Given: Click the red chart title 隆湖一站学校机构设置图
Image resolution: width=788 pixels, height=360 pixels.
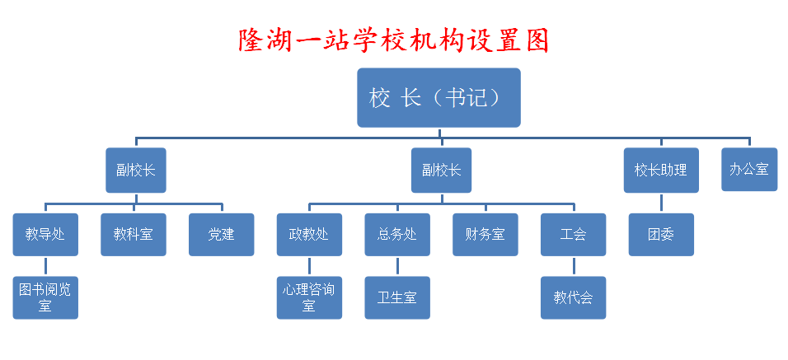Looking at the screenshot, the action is point(393,41).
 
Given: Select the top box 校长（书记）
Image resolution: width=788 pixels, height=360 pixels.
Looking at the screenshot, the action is point(439,97).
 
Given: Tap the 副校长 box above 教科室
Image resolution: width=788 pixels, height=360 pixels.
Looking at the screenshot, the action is point(136,171).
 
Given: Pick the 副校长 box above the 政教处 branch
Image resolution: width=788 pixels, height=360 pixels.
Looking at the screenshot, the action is point(441,171).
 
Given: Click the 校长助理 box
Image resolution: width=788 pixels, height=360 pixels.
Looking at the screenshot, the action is point(661,171).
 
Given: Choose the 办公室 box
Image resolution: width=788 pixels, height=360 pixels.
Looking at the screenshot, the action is point(749,169).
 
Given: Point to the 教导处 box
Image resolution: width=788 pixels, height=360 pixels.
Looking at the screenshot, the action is point(45,235).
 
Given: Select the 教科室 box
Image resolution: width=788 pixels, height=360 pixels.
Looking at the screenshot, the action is point(134,235).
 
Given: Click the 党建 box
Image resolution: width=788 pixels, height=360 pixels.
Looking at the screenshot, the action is point(221,235).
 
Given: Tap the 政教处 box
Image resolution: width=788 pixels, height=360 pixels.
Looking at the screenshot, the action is point(309,235).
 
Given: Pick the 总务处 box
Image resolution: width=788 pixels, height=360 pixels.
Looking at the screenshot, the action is point(397,235).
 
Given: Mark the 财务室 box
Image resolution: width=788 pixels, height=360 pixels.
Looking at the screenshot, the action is point(485,235).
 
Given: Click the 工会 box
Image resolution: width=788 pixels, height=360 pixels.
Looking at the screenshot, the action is point(573,235).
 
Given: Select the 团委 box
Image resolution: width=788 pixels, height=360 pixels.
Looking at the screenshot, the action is point(661,235).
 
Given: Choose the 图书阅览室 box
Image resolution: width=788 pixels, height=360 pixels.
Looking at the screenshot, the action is point(45,297).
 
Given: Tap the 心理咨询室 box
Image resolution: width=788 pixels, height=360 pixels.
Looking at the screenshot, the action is point(309,297).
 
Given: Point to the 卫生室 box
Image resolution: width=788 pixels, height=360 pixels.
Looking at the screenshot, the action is point(397,297).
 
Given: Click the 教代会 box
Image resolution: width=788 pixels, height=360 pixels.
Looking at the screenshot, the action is point(573,297).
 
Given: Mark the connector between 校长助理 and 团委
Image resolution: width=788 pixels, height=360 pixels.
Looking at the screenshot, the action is point(661,203).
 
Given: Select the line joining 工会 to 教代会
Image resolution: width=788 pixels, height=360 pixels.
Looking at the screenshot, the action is point(574,266).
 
